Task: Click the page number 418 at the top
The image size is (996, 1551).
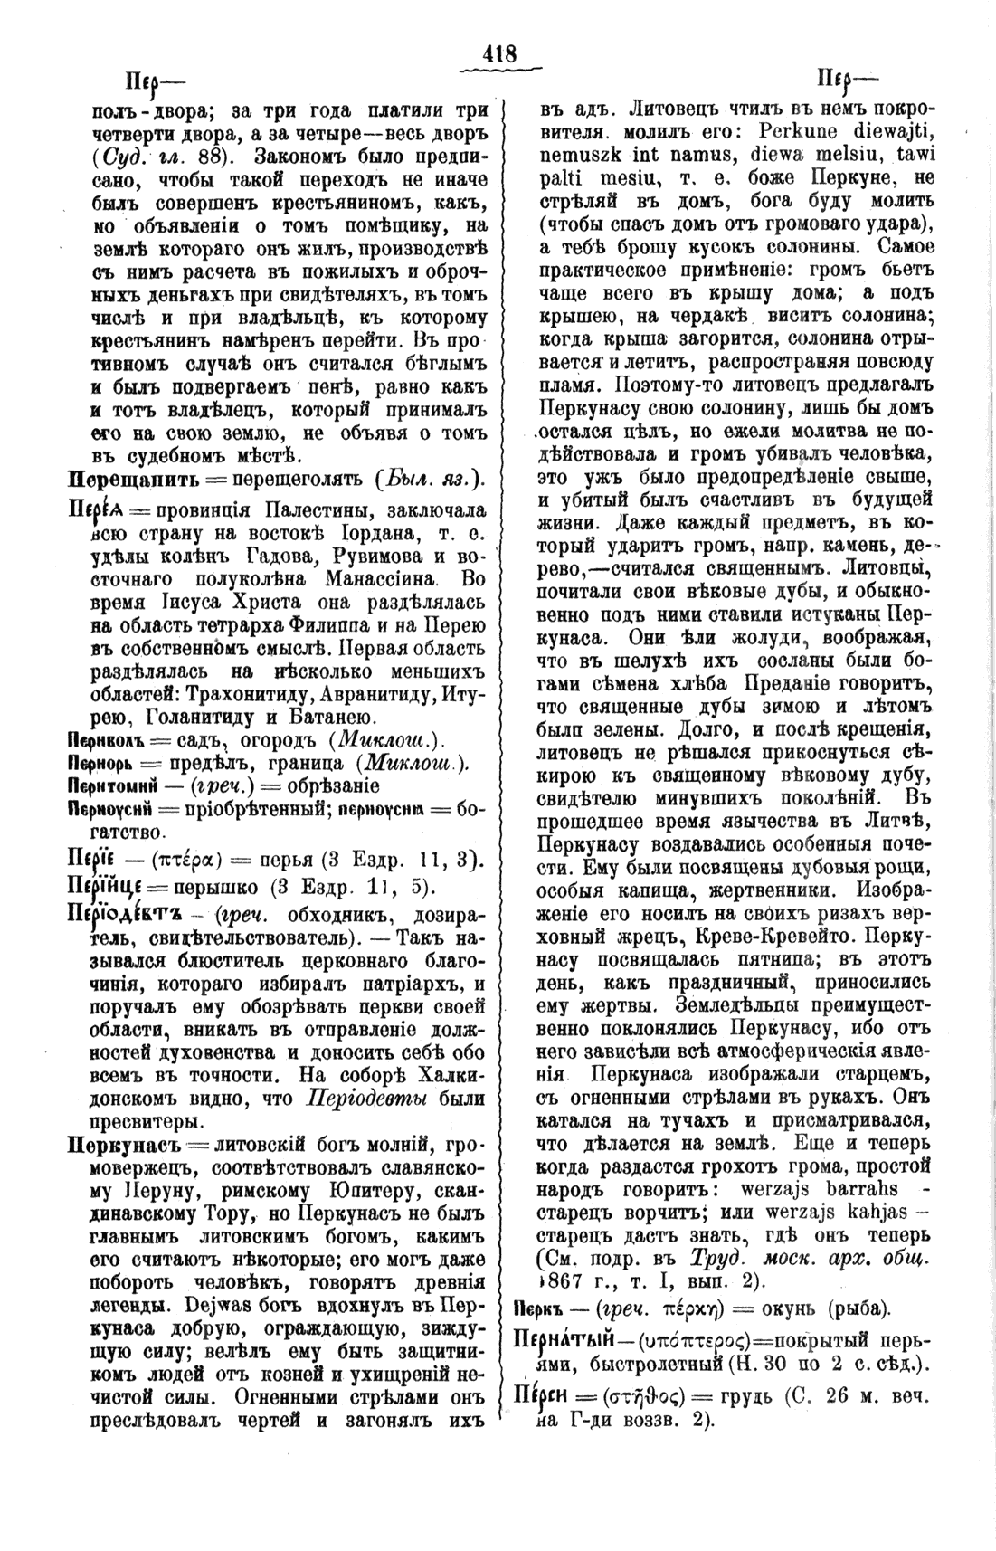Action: pos(498,54)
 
